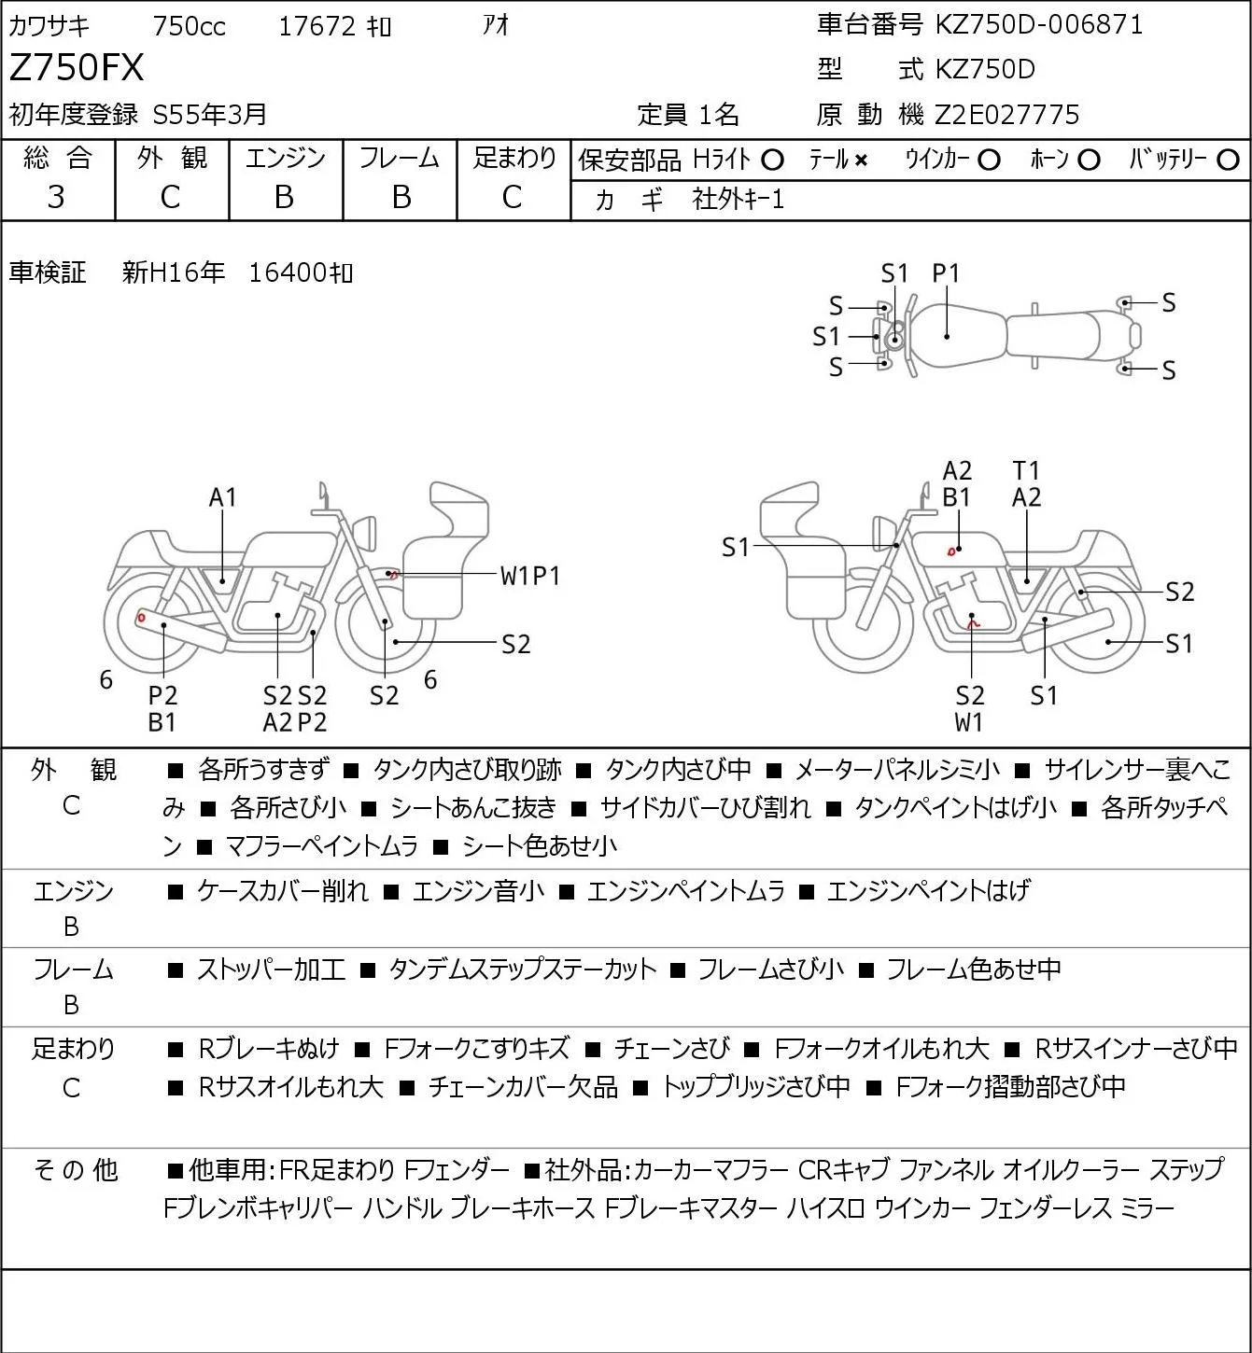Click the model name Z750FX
[77, 68]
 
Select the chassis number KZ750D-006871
[1038, 25]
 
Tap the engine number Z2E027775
[1007, 115]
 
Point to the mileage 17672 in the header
[317, 26]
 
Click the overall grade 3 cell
[56, 197]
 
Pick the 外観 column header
[172, 158]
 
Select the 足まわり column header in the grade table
[514, 158]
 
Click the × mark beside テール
[861, 160]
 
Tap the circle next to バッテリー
[1228, 160]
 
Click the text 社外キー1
[739, 200]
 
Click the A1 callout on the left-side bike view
[222, 497]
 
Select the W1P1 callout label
[530, 577]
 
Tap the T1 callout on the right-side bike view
[1026, 470]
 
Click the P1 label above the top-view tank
[946, 274]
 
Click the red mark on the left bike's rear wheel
[141, 618]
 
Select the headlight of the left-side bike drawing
[366, 533]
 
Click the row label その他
[76, 1170]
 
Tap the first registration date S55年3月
[209, 115]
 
